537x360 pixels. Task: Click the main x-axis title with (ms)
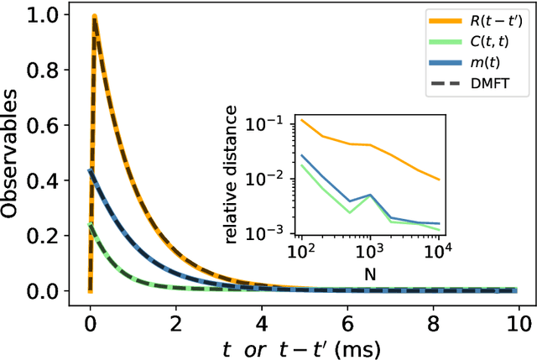[305, 344]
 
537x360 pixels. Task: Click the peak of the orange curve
[94, 17]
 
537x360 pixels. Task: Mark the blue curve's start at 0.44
[91, 170]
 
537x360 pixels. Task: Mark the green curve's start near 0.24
[91, 224]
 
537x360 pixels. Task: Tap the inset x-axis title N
[369, 273]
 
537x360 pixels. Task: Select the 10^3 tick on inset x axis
[369, 251]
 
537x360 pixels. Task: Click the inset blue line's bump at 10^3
[369, 195]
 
